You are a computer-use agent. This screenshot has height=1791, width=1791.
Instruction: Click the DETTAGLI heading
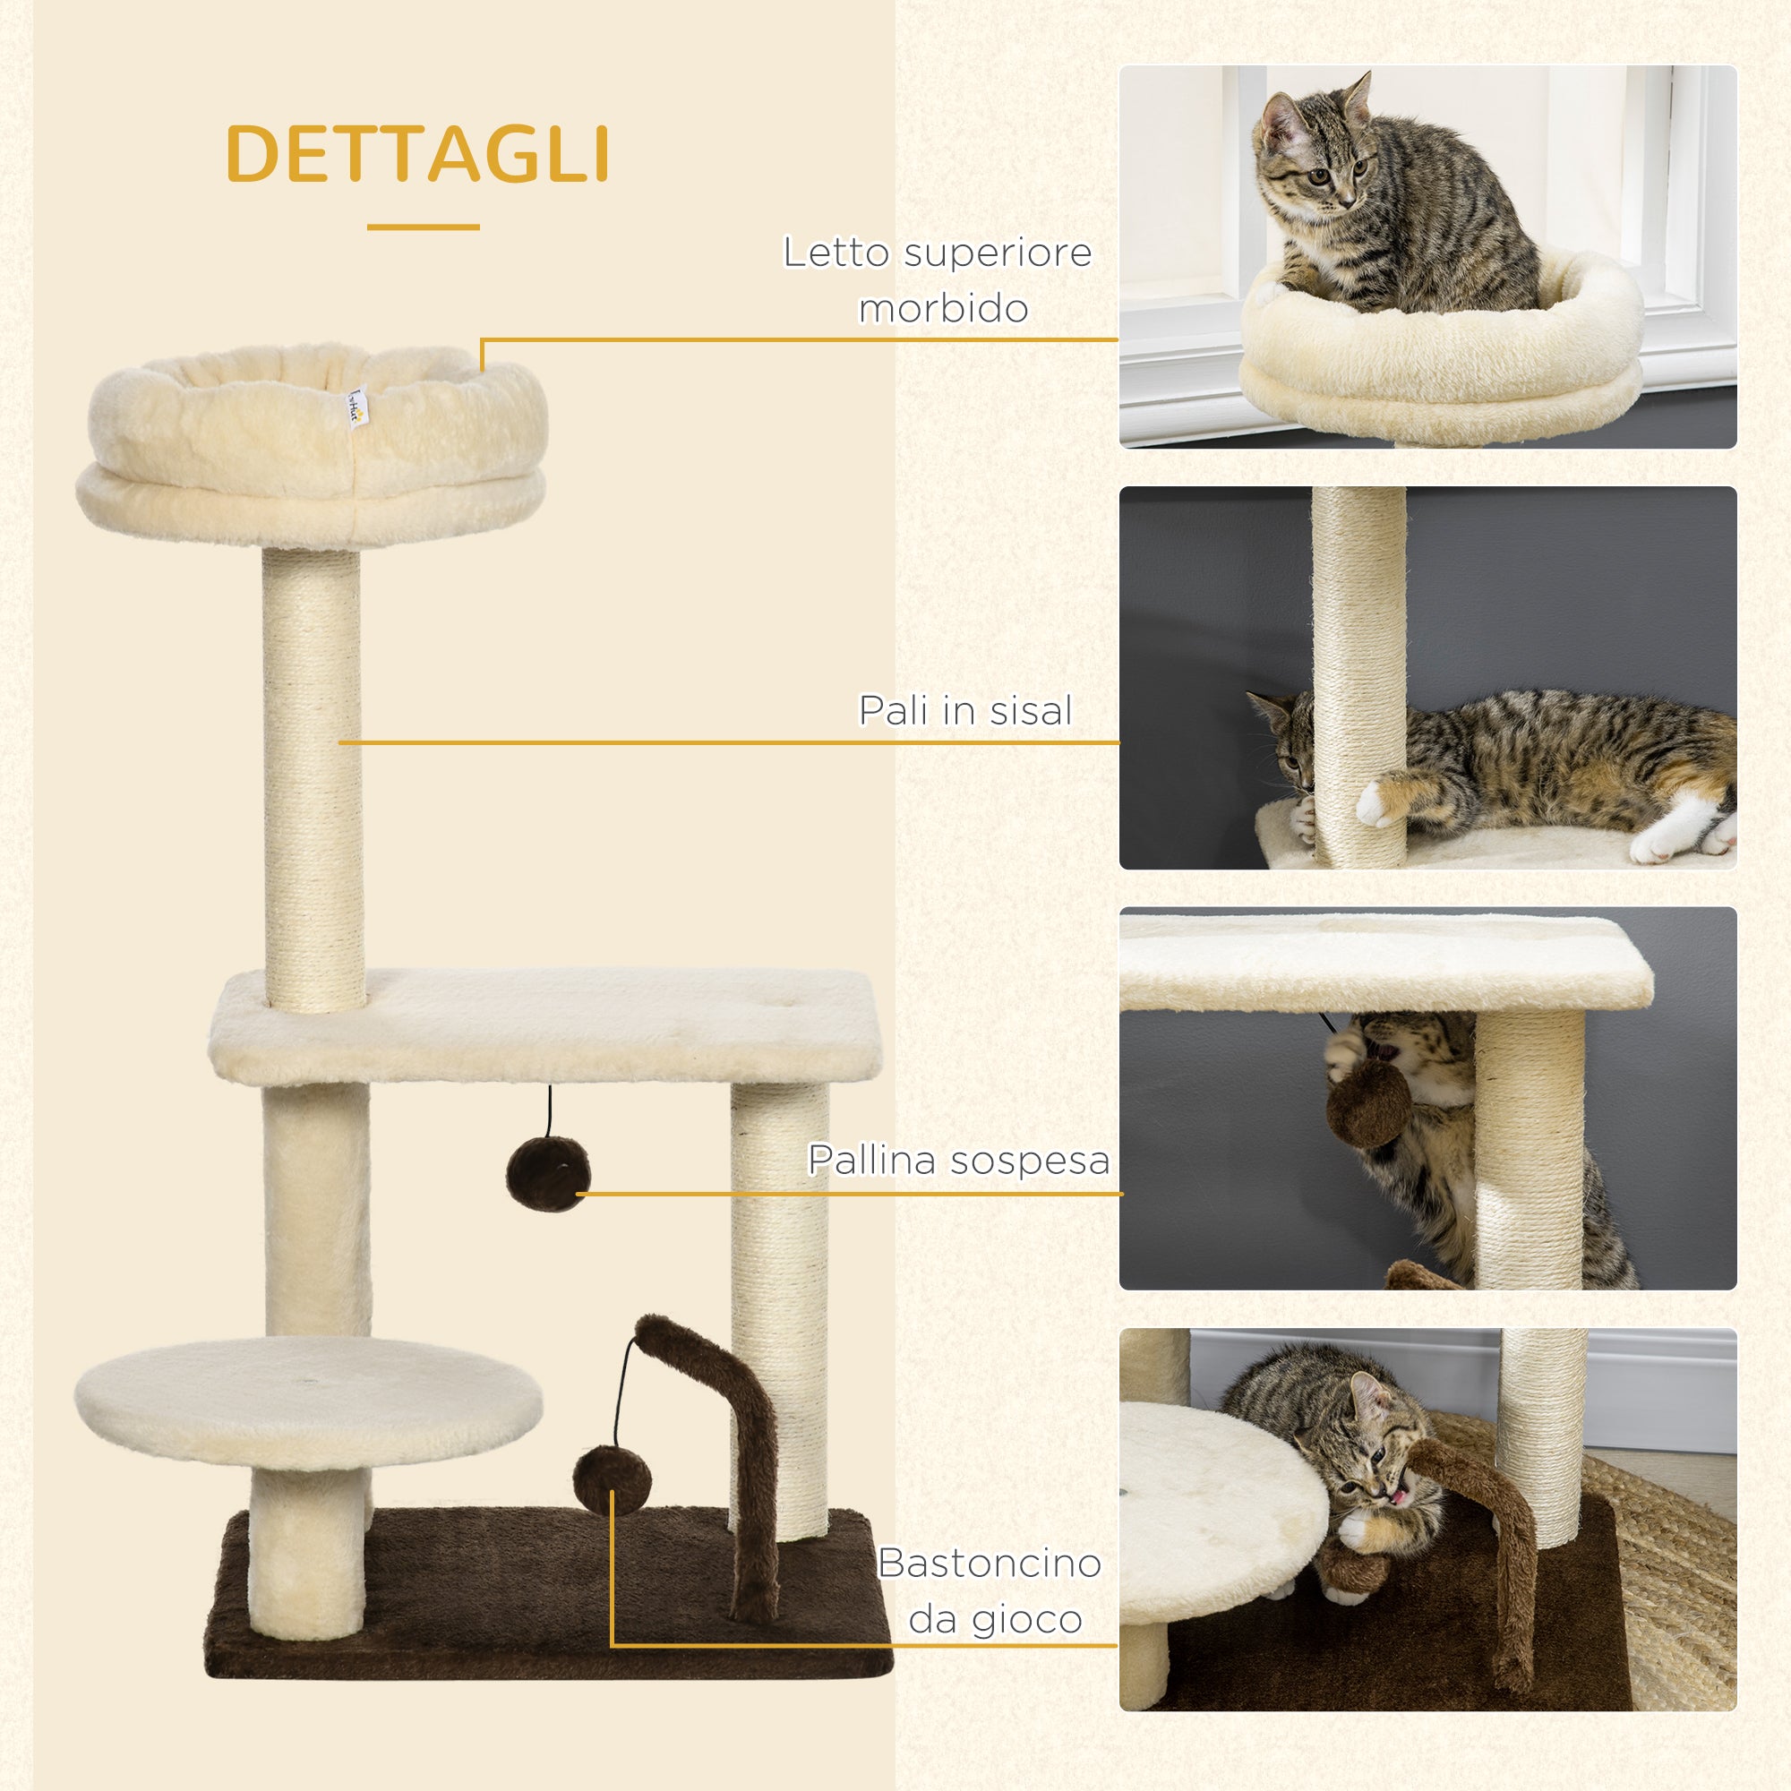(x=416, y=154)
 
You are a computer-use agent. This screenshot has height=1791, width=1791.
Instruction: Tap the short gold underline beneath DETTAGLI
(x=423, y=227)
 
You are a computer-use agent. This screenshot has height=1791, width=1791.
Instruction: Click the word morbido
(x=943, y=309)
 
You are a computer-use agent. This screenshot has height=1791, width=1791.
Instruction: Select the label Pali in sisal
(x=964, y=711)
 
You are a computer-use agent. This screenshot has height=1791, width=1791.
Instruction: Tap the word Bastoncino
(x=990, y=1563)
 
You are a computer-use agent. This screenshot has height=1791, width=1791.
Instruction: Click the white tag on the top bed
(x=356, y=406)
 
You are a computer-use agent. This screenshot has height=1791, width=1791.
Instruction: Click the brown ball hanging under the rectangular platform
(x=548, y=1173)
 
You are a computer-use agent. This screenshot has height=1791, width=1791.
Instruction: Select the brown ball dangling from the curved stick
(x=611, y=1479)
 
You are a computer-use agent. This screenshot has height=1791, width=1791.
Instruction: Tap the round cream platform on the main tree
(x=308, y=1401)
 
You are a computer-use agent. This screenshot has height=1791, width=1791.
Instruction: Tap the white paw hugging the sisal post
(x=1381, y=800)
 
